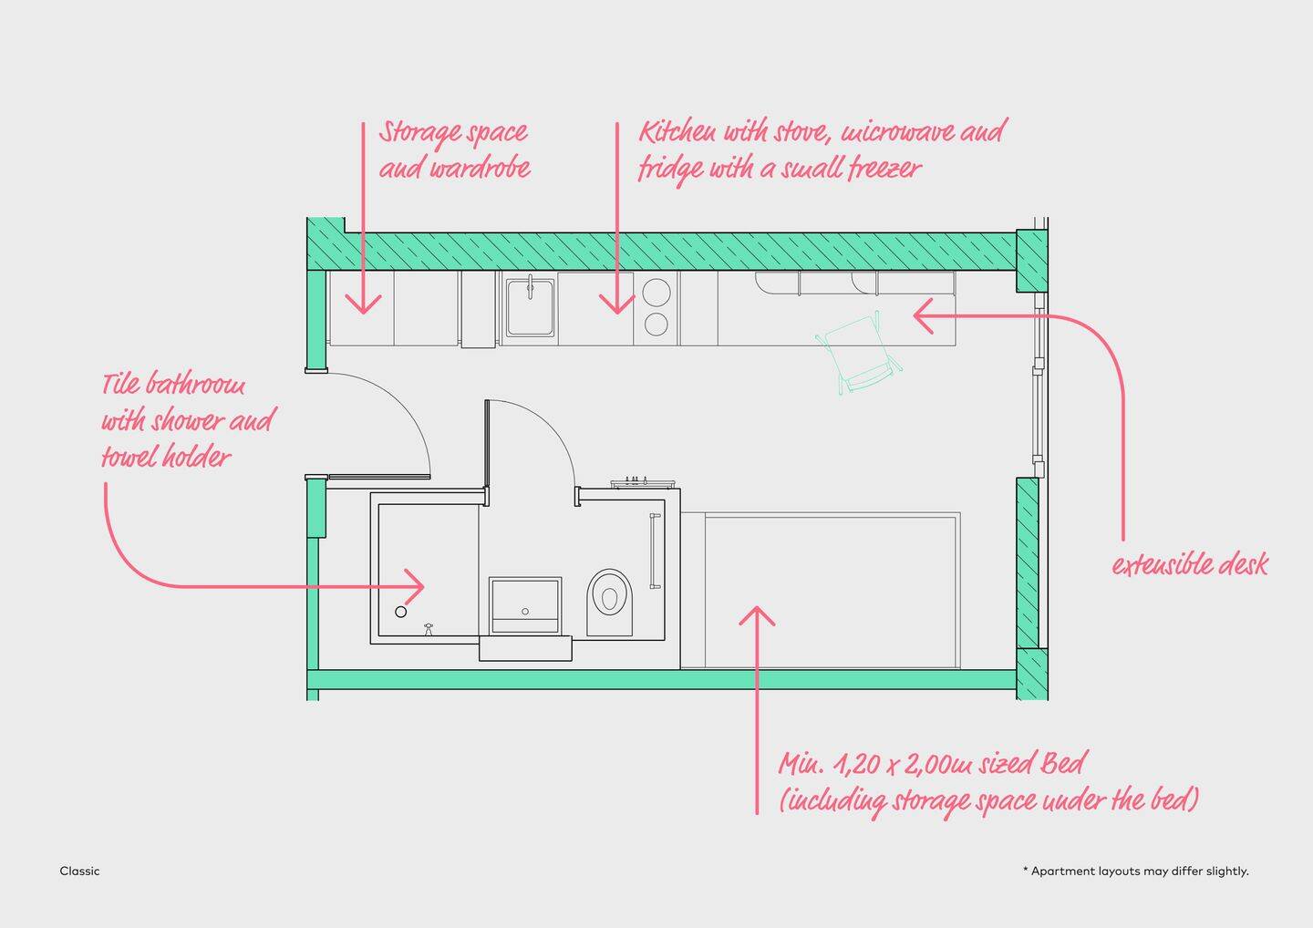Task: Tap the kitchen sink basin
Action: click(530, 305)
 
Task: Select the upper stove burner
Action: click(656, 293)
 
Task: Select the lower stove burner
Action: click(656, 324)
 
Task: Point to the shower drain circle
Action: click(400, 612)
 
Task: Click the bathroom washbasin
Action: click(524, 603)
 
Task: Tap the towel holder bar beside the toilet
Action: click(654, 552)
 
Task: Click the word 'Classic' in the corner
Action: click(80, 871)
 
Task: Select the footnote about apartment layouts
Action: click(1136, 871)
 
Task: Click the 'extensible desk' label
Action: click(1190, 564)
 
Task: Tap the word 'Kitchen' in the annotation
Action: click(677, 132)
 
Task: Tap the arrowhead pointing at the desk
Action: click(922, 316)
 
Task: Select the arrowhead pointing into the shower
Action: click(416, 586)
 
